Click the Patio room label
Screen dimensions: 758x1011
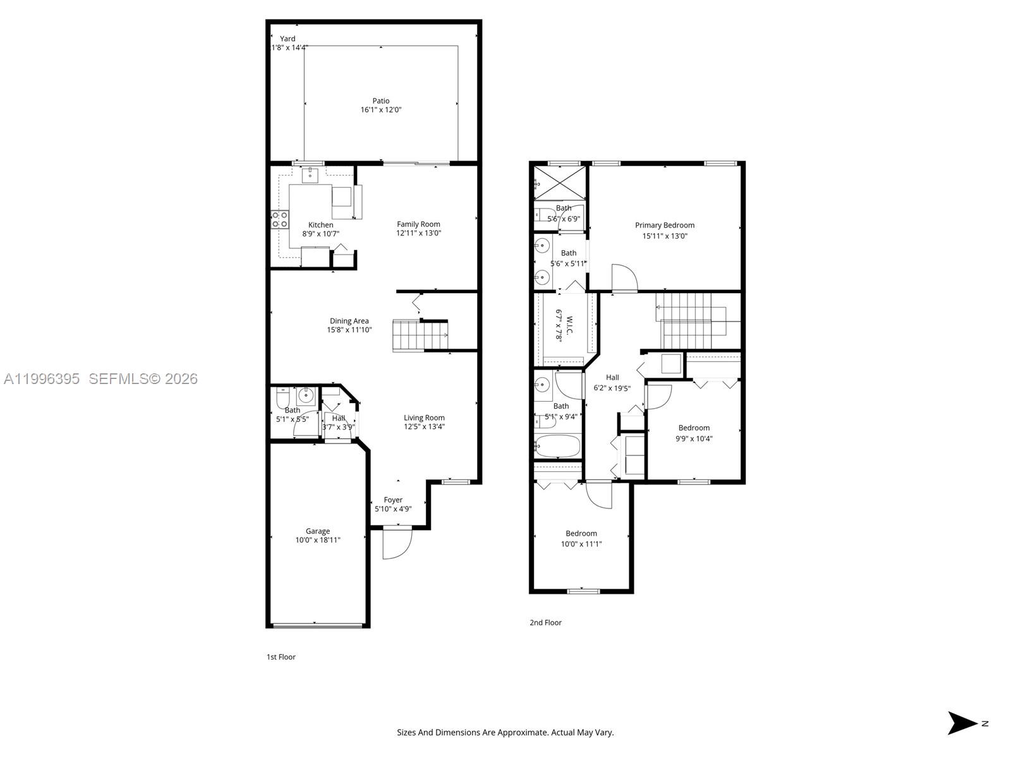(380, 101)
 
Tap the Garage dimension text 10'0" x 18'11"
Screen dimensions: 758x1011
(318, 540)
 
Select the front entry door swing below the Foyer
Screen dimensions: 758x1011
(397, 543)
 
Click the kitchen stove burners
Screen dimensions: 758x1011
(280, 219)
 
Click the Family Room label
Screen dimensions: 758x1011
(418, 224)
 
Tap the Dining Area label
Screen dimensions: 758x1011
(349, 321)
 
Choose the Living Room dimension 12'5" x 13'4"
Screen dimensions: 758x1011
(425, 426)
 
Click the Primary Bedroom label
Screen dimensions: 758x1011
(665, 226)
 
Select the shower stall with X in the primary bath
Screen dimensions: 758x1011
(560, 183)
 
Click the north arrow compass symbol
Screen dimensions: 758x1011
(963, 723)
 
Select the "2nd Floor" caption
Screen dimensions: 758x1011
(545, 623)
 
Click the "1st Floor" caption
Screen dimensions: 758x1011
(281, 657)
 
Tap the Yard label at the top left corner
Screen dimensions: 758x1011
(288, 39)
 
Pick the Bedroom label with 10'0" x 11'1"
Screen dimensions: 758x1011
(581, 534)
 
